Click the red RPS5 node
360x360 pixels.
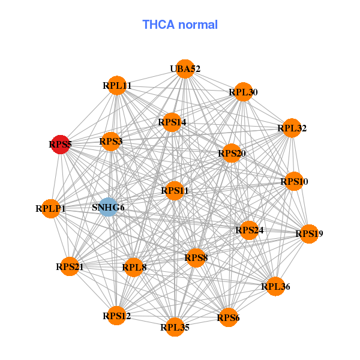60,145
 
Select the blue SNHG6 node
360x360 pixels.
108,208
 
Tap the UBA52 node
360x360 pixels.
185,69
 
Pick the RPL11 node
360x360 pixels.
117,86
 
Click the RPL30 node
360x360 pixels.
243,92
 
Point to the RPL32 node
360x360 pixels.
292,128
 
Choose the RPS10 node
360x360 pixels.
293,181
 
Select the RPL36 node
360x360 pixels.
275,287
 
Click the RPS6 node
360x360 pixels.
228,317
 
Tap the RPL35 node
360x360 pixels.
175,327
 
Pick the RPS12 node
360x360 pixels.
116,316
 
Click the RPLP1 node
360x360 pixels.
50,209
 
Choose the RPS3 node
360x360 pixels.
111,142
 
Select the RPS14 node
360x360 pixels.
172,122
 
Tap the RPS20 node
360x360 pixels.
232,154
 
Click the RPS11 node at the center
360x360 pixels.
175,191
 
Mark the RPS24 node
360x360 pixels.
249,230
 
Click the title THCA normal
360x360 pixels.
179,25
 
